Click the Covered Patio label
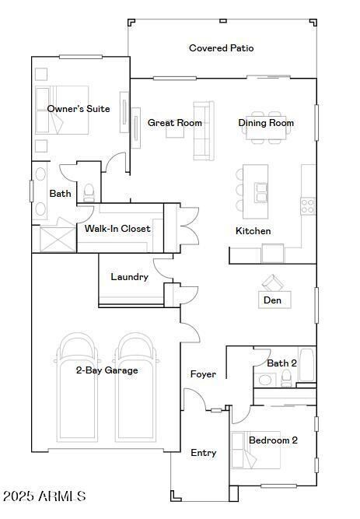[x=221, y=48]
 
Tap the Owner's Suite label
[x=79, y=109]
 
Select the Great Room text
[x=175, y=123]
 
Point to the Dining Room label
[x=266, y=123]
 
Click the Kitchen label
[x=253, y=231]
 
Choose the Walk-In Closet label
[x=117, y=229]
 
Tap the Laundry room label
[x=129, y=277]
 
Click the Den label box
[x=272, y=300]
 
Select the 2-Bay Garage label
[x=107, y=370]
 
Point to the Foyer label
[x=204, y=374]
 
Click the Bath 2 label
[x=281, y=363]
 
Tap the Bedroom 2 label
[x=273, y=440]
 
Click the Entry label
[x=204, y=453]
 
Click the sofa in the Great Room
[x=203, y=131]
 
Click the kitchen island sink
[x=261, y=191]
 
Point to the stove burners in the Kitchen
[x=308, y=205]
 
